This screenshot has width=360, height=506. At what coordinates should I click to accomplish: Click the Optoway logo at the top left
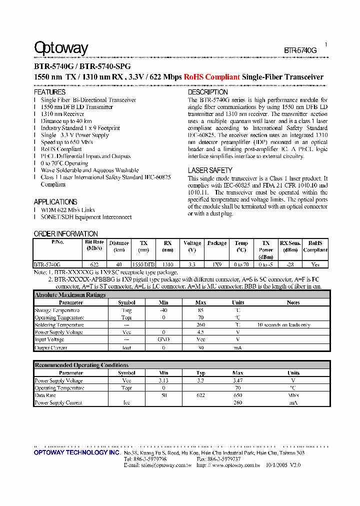[60, 48]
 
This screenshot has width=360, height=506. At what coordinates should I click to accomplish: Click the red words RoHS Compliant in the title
[211, 77]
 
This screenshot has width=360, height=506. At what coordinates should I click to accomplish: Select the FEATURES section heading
[49, 92]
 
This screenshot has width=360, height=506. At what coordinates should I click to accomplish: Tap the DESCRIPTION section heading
[207, 92]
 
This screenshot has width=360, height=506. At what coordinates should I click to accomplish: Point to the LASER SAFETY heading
[210, 170]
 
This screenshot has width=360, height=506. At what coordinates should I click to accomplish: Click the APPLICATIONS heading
[55, 201]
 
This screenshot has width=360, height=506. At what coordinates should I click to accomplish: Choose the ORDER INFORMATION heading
[65, 233]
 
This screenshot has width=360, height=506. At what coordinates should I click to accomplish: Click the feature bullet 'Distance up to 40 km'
[66, 121]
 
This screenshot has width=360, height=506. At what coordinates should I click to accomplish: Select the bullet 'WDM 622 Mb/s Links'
[67, 210]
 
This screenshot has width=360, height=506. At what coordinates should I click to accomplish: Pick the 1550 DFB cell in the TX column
[143, 264]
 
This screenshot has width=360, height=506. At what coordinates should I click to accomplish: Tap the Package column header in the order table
[217, 243]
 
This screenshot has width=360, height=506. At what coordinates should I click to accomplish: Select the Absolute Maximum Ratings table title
[70, 295]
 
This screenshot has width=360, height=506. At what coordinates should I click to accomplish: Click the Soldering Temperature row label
[59, 325]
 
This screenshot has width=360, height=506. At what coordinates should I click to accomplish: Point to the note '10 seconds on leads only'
[283, 325]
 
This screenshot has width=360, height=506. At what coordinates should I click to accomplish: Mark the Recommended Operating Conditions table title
[81, 365]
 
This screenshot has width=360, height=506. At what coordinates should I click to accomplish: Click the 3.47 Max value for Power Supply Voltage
[237, 380]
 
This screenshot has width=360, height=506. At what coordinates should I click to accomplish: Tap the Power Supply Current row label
[58, 402]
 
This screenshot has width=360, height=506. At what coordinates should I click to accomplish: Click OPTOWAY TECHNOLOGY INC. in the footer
[77, 452]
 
